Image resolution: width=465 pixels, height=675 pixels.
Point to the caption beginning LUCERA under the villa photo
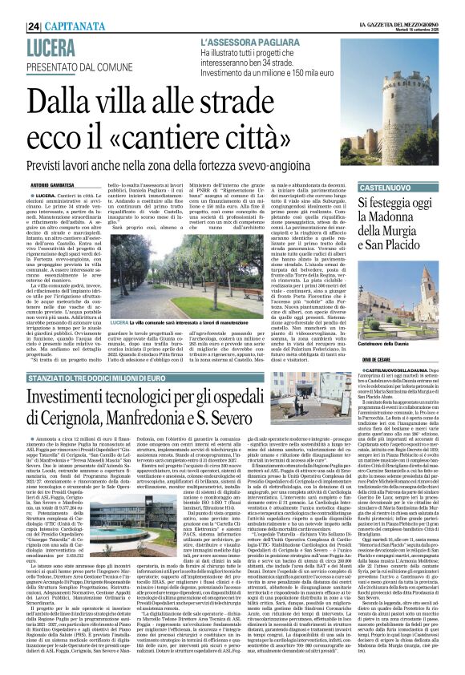click(160, 323)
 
